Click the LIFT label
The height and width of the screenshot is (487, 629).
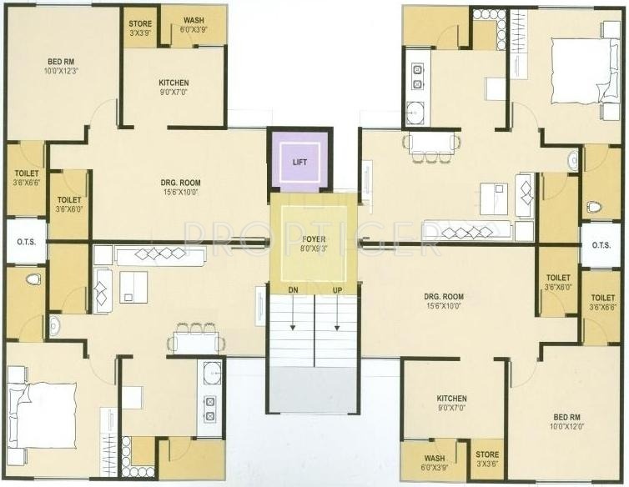point(299,162)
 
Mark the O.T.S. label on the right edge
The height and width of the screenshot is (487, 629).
point(601,246)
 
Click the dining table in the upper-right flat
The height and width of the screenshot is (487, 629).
point(430,143)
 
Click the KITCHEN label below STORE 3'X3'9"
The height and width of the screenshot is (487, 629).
point(174,83)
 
